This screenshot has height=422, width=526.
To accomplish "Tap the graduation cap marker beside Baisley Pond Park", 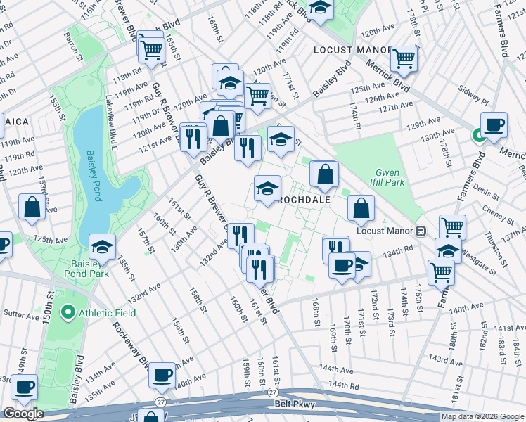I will tap(103, 247).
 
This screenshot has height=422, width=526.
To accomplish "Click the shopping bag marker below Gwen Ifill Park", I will tap(361, 208).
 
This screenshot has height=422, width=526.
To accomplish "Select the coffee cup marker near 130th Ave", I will tap(494, 124).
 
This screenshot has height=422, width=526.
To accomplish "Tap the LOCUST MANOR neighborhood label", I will tap(351, 50).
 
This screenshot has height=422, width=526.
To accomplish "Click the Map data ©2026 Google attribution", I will tap(482, 416).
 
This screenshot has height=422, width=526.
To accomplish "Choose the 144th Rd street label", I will tap(343, 385).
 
